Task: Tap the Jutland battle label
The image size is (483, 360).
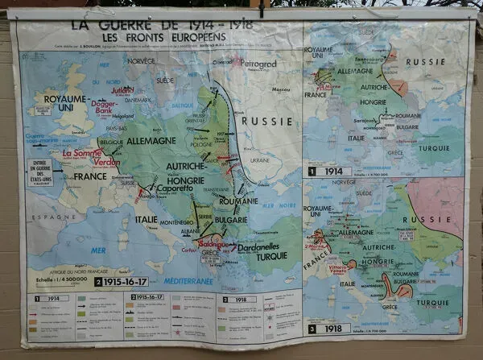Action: tap(122, 90)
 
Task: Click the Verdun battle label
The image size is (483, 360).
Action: tap(105, 162)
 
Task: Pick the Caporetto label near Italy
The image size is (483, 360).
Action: tap(174, 189)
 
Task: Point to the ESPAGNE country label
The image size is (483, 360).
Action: tap(50, 217)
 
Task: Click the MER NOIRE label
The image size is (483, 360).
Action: tap(278, 205)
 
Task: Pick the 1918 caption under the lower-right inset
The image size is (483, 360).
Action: tap(331, 329)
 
